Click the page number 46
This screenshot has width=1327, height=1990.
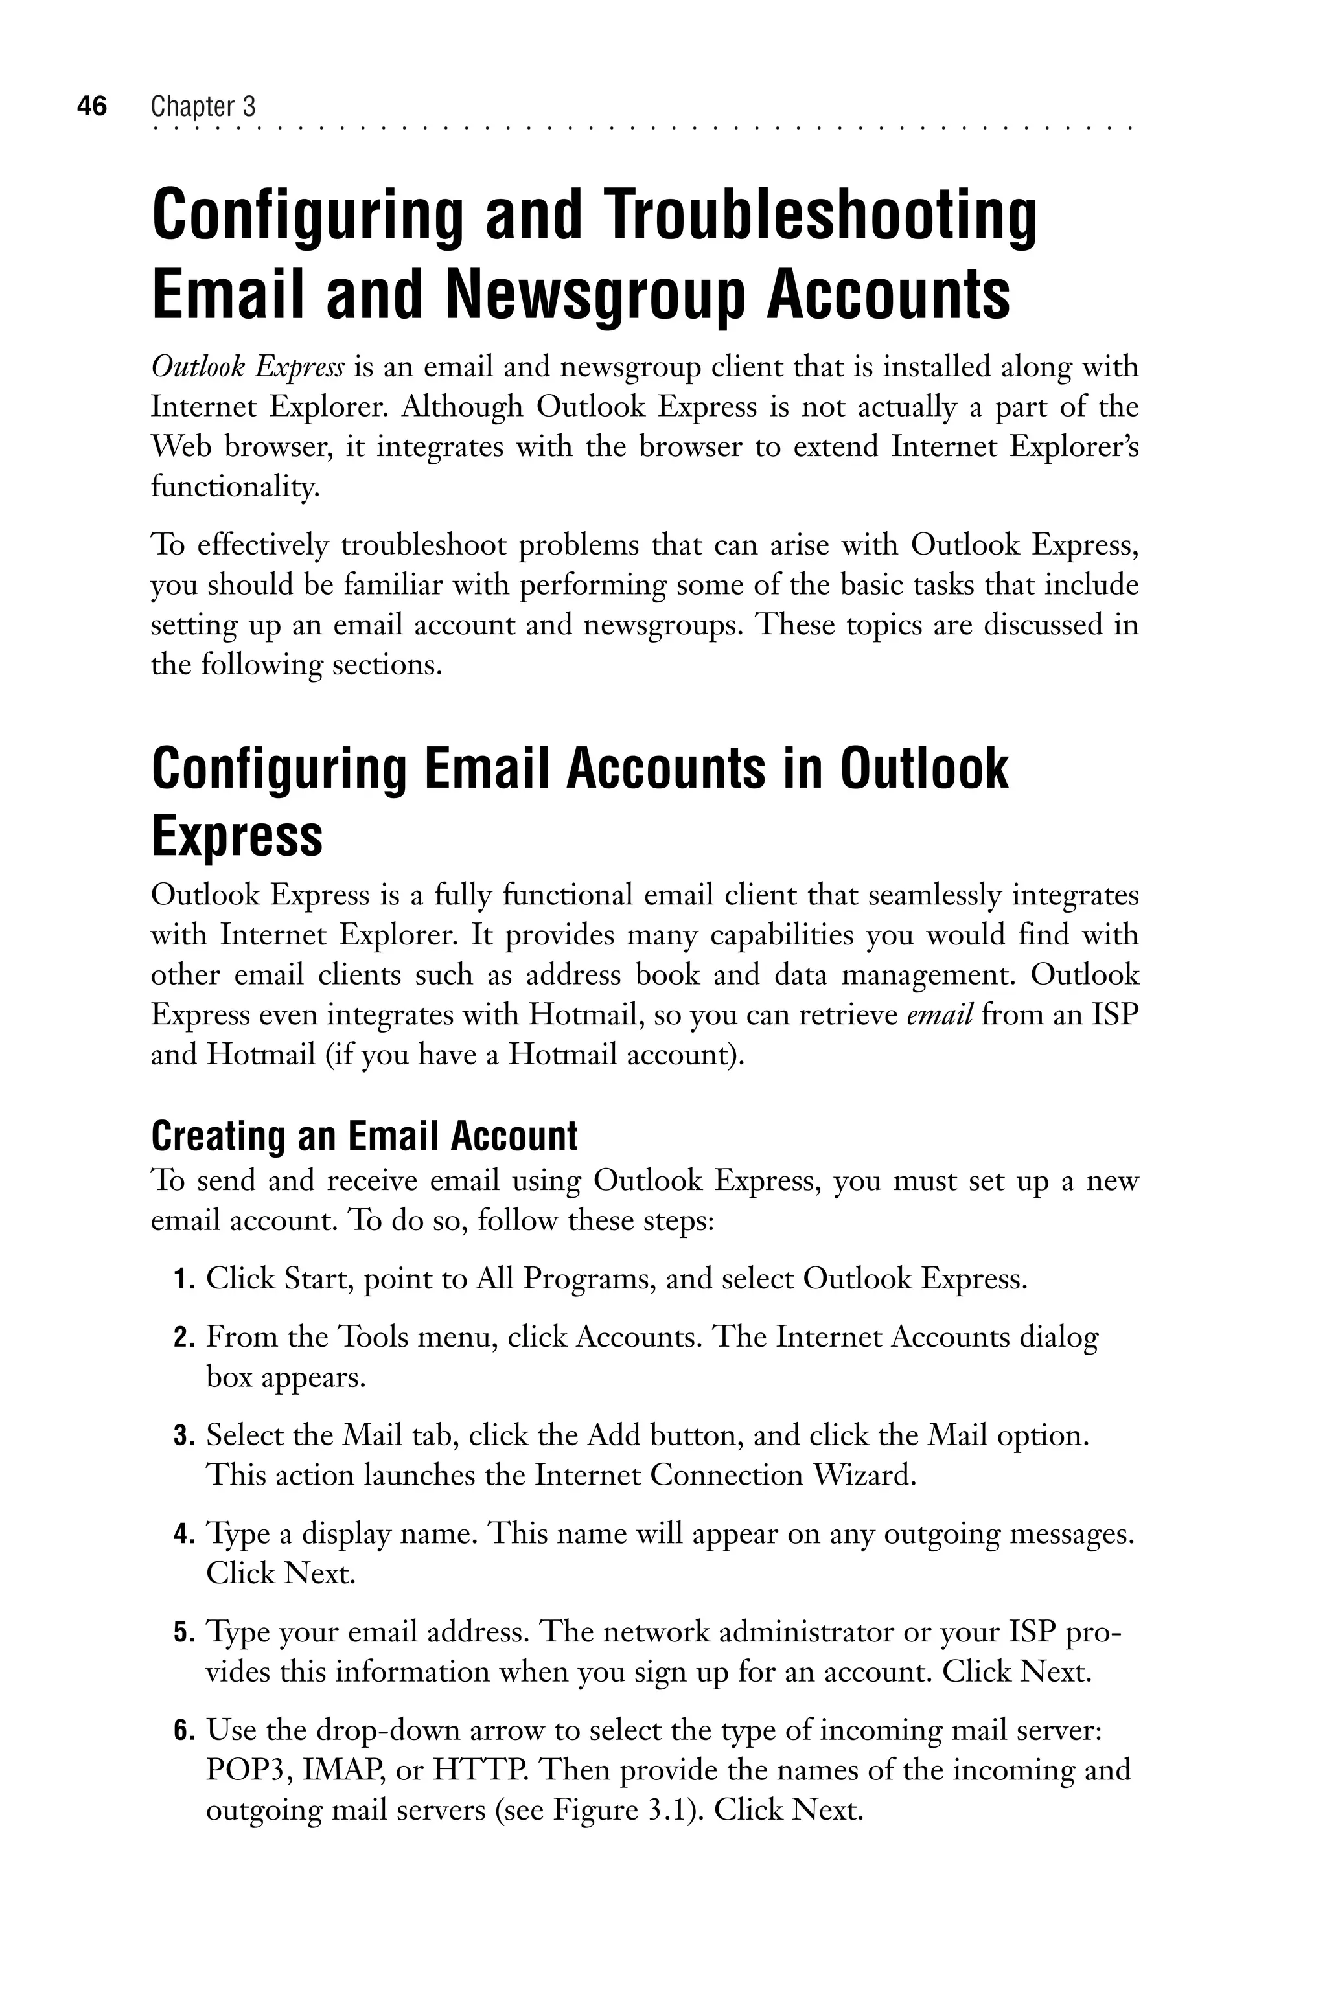tap(91, 107)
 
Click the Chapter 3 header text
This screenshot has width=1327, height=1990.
tap(203, 107)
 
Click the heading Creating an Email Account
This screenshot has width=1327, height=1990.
tap(364, 1136)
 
